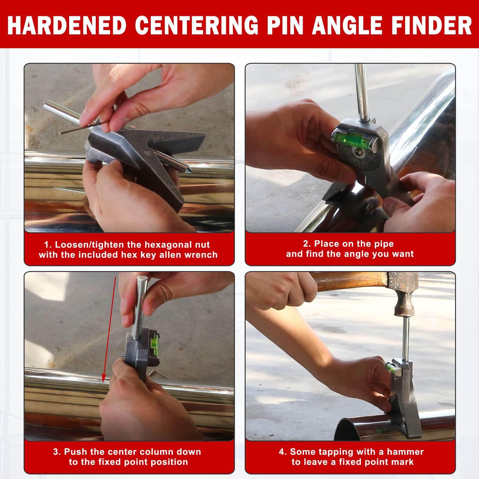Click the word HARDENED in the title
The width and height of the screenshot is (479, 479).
point(67,25)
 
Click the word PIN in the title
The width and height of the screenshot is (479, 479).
point(286,25)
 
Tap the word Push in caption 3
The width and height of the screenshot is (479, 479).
point(75,452)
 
